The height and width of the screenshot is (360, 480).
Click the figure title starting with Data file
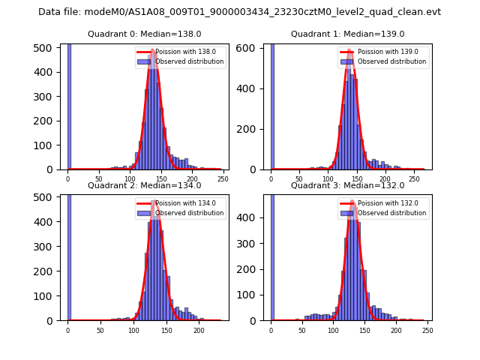coord(239,12)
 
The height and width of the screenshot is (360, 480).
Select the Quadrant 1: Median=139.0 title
coord(347,34)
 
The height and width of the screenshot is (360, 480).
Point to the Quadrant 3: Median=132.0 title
coord(347,185)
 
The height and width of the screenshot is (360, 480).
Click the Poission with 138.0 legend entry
coord(180,52)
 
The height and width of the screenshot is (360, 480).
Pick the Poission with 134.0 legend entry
coord(180,203)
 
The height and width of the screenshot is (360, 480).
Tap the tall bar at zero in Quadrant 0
coord(69,105)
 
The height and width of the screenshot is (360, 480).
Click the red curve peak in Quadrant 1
coord(349,54)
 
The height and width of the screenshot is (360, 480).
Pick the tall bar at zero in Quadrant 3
coord(272,255)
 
